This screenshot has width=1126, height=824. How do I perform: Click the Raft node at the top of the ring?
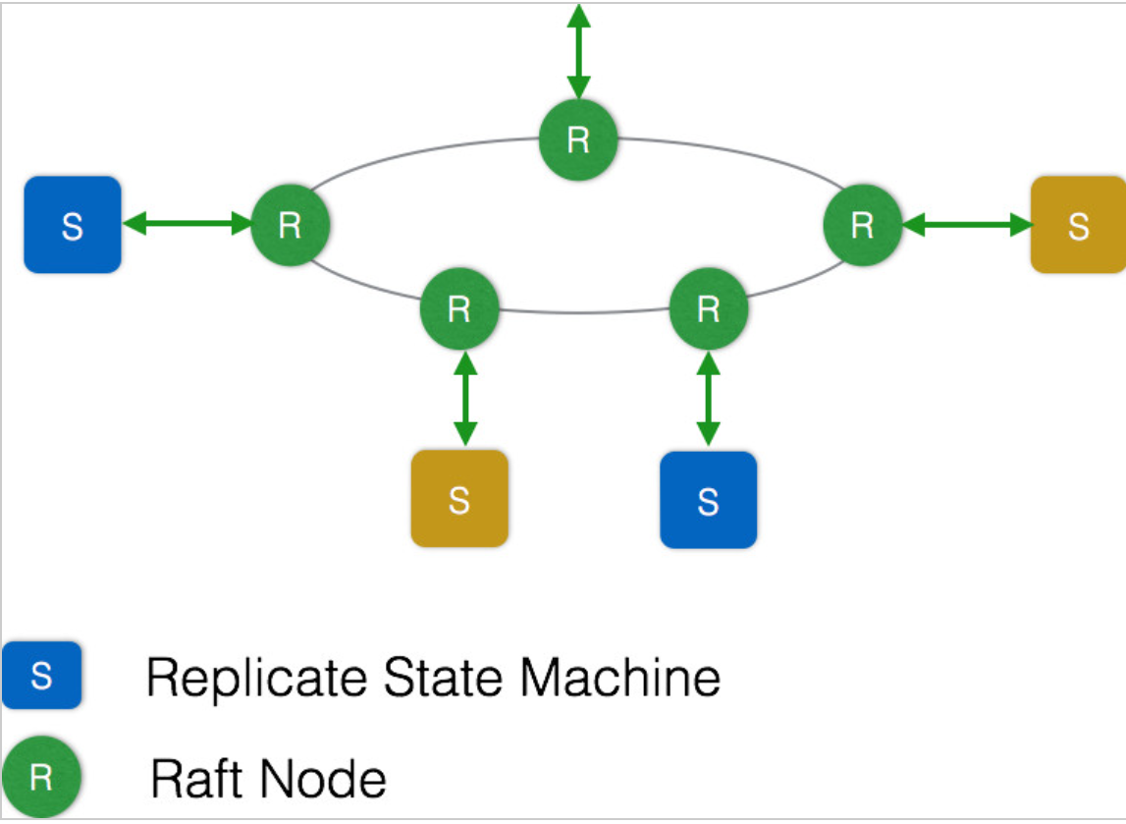point(578,139)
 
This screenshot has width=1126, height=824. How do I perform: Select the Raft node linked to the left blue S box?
point(291,225)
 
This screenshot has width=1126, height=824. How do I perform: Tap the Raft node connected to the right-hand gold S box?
point(862,225)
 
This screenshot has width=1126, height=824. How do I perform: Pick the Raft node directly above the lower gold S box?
point(459,309)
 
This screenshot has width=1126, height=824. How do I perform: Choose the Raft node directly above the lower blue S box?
point(708,309)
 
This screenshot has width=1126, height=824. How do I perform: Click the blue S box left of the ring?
point(73,225)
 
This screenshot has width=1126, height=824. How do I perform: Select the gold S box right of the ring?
point(1078,225)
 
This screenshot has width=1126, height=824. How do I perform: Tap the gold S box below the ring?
point(459,499)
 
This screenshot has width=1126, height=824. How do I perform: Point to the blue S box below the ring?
point(708,500)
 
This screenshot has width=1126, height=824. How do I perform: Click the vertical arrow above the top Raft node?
point(579,52)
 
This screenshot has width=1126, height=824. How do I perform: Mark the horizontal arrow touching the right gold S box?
point(967,225)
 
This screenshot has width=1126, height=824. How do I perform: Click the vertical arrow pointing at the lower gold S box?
point(465,399)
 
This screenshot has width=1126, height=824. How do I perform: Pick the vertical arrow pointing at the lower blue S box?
point(708,399)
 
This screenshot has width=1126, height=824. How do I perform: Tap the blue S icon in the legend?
point(41,676)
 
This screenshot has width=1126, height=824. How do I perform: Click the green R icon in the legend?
point(41,777)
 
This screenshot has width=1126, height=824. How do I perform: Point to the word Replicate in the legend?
point(255,679)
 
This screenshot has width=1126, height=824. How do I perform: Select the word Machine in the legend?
point(619,677)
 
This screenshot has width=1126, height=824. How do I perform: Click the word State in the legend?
point(443,677)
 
